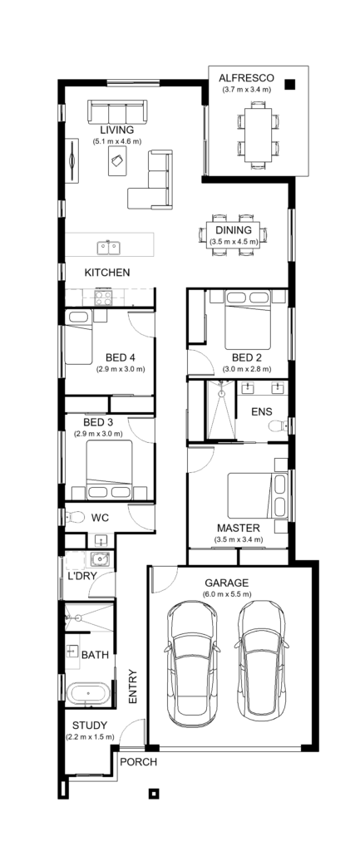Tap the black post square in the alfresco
290,83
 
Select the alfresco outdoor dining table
256,132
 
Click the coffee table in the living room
114,164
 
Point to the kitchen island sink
107,247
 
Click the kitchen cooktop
105,297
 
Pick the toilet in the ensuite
277,425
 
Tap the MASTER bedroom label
239,528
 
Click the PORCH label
137,760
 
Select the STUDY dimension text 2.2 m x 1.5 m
89,737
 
